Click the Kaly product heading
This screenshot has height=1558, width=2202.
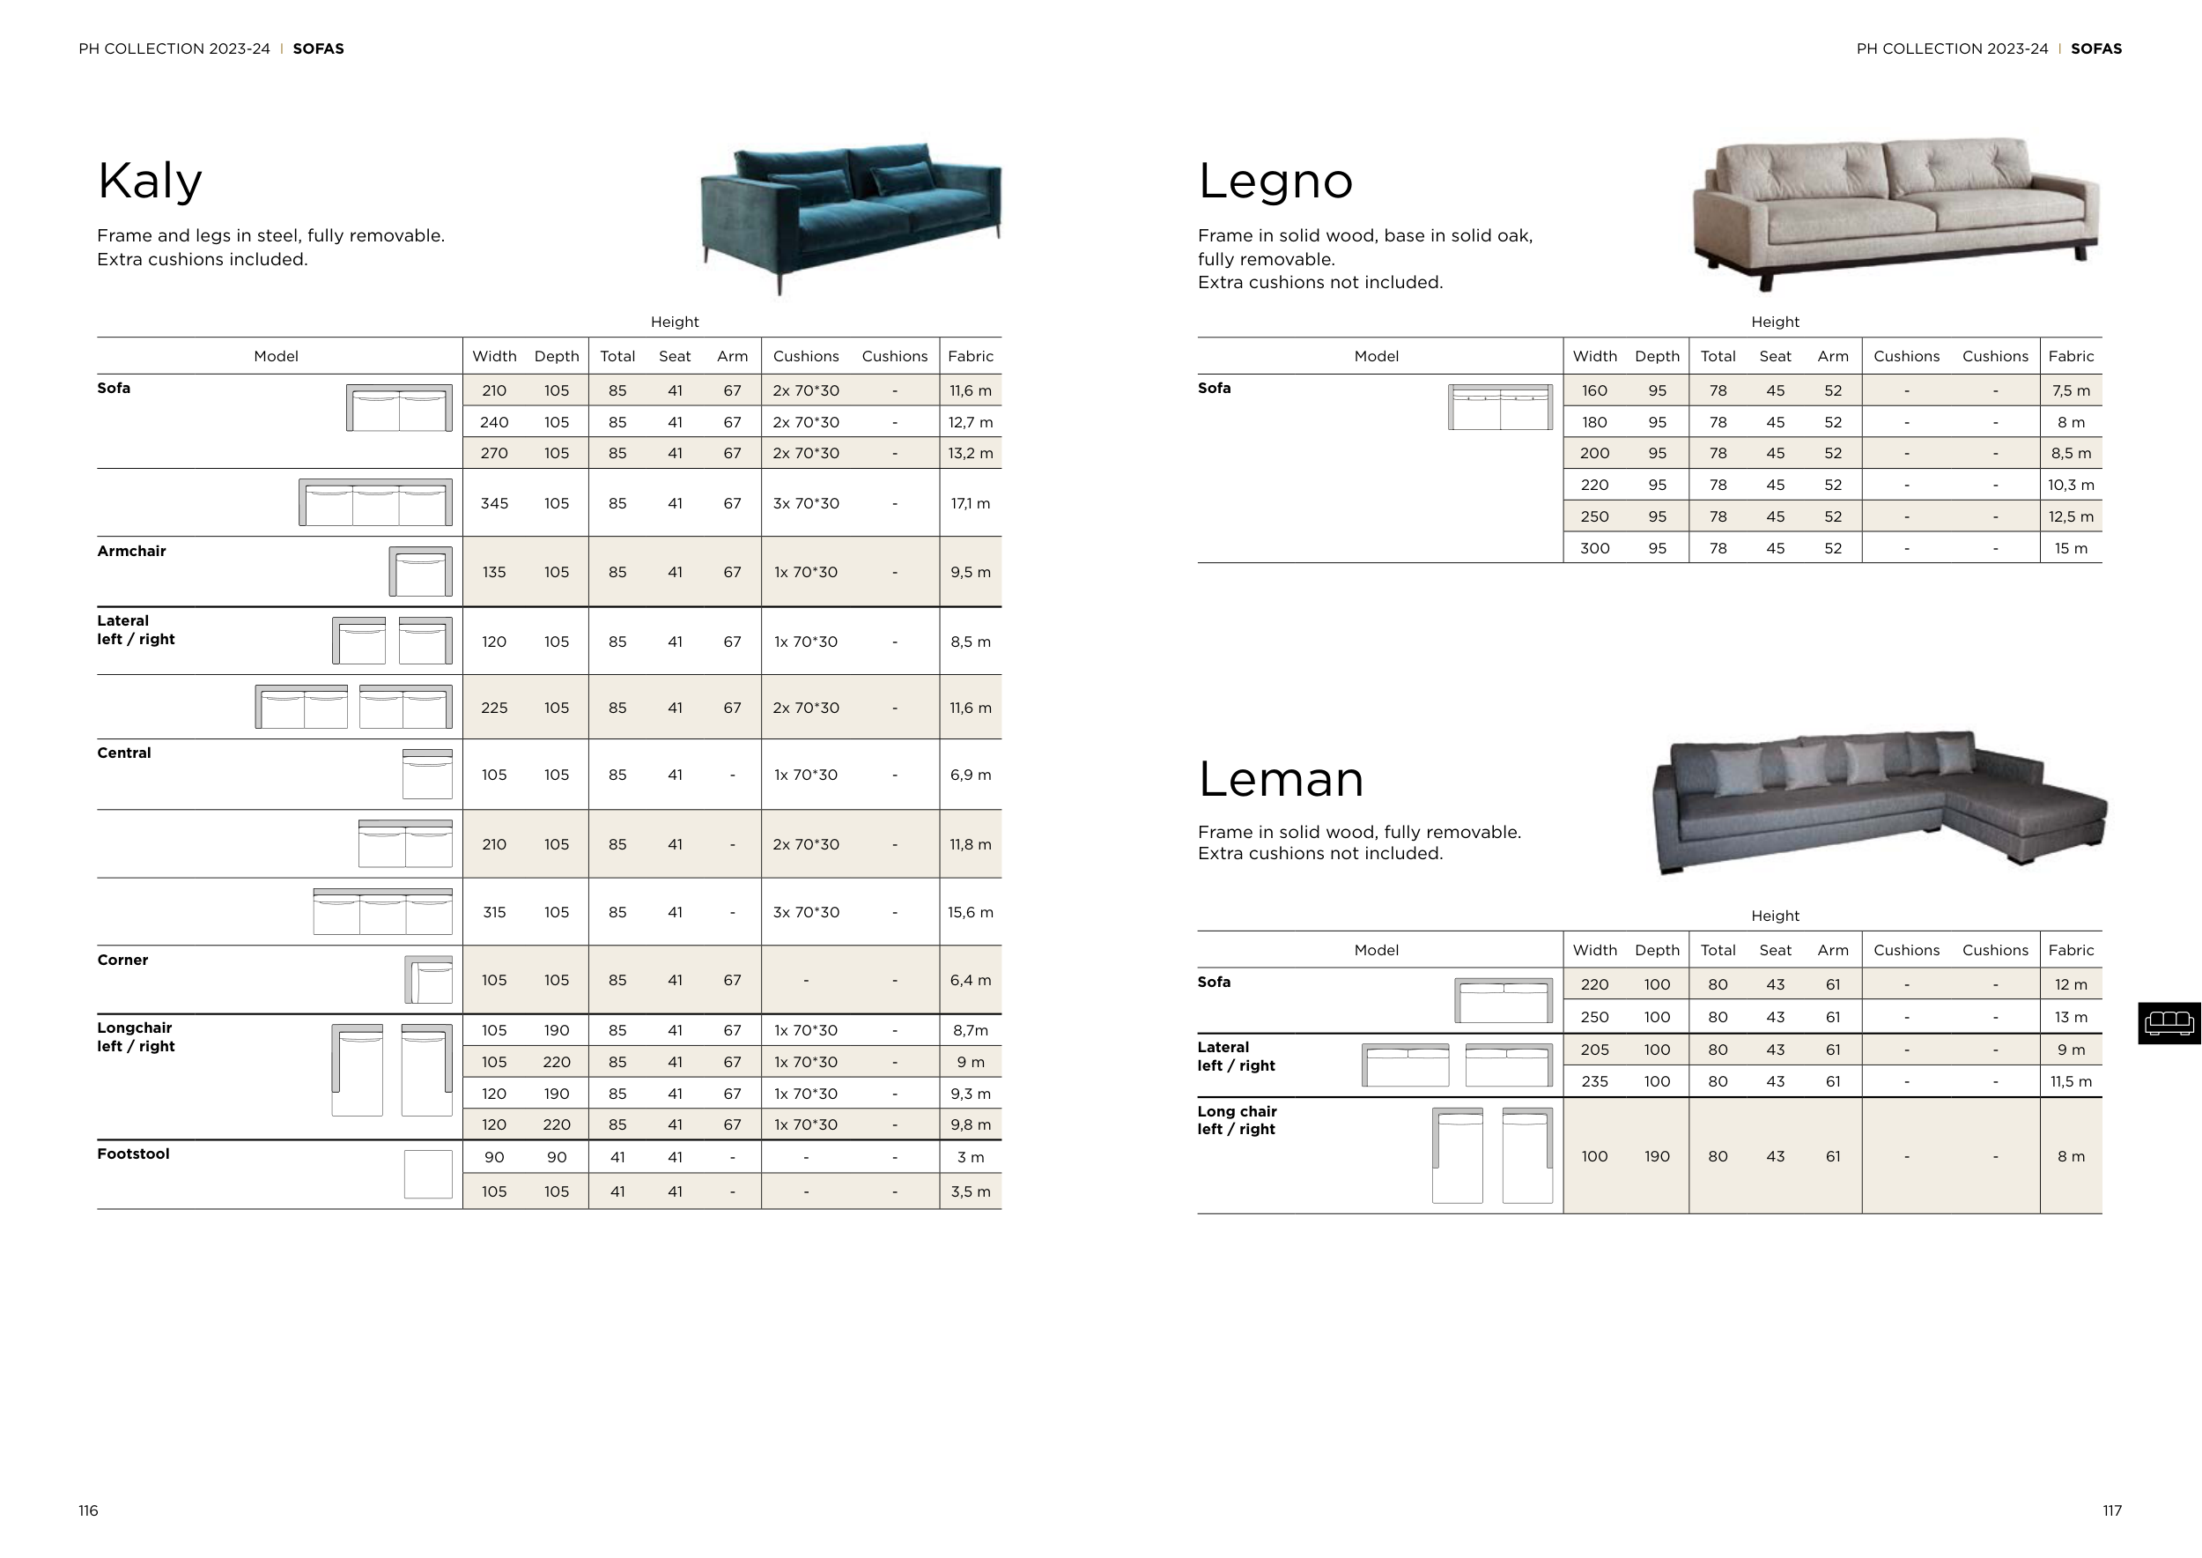pyautogui.click(x=150, y=181)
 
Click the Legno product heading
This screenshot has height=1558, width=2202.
pyautogui.click(x=1275, y=181)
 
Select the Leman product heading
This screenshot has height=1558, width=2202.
pyautogui.click(x=1281, y=778)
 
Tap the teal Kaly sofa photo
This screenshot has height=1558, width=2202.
pyautogui.click(x=851, y=216)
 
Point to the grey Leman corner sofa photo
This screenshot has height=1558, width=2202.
pyautogui.click(x=1878, y=801)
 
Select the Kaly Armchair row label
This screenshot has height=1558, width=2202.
pyautogui.click(x=131, y=552)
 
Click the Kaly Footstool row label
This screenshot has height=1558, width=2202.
pyautogui.click(x=133, y=1154)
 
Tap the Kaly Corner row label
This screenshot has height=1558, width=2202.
pyautogui.click(x=122, y=961)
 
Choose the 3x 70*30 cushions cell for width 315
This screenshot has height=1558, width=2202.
pyautogui.click(x=806, y=912)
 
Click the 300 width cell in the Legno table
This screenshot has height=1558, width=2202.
pyautogui.click(x=1594, y=549)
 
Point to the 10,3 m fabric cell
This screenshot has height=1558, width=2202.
pyautogui.click(x=2071, y=486)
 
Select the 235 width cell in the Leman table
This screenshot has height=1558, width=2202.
pyautogui.click(x=1594, y=1082)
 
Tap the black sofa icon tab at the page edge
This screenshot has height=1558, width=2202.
pyautogui.click(x=2169, y=1023)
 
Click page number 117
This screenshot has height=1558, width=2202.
pyautogui.click(x=2112, y=1511)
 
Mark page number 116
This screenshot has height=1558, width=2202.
pyautogui.click(x=88, y=1511)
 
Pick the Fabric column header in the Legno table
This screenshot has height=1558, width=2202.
pyautogui.click(x=2071, y=357)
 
